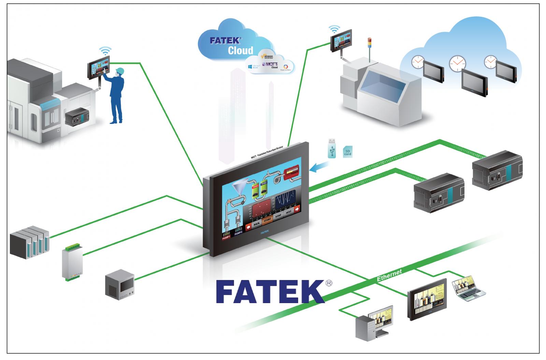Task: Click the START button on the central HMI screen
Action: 267,219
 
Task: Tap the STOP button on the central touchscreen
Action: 278,216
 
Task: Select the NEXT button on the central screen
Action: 288,212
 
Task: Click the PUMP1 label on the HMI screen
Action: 227,238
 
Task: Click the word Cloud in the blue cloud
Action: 241,51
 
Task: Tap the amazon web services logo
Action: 268,56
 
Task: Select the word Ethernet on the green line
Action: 389,275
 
